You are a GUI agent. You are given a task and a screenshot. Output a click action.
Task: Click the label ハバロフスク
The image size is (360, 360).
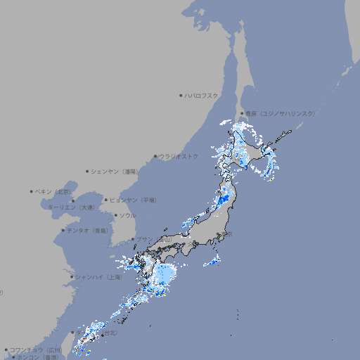[202, 95]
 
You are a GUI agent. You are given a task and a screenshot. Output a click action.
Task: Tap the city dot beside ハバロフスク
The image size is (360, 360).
[181, 95]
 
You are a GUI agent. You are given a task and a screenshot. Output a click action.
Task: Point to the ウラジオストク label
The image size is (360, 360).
[179, 156]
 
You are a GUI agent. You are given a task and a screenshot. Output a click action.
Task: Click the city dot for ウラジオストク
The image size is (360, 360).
[155, 156]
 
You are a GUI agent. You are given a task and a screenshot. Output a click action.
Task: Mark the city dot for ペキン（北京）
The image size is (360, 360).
[32, 191]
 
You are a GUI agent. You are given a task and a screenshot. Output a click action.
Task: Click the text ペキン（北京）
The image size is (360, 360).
[54, 191]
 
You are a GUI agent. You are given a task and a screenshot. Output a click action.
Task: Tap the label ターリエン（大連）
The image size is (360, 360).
[71, 207]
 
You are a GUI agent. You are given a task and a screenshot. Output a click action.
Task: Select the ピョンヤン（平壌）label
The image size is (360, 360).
[133, 200]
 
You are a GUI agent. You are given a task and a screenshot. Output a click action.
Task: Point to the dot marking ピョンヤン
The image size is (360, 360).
[106, 200]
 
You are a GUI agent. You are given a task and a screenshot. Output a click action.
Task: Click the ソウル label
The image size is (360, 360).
[127, 215]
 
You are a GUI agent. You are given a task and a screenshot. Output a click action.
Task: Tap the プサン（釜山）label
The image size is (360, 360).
[154, 239]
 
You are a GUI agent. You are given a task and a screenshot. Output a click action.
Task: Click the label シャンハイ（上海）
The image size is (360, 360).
[98, 277]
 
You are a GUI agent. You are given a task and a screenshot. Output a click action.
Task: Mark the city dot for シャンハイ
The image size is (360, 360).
[72, 277]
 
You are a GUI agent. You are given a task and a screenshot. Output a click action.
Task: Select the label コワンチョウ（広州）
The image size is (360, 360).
[35, 349]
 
